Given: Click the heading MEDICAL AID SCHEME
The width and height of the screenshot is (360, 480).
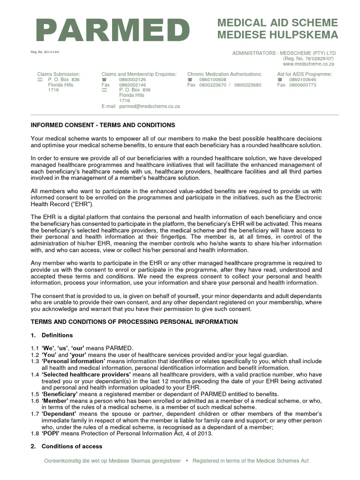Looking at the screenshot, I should click(277, 23).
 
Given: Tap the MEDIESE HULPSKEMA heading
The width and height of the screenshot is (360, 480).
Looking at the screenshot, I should click(277, 35).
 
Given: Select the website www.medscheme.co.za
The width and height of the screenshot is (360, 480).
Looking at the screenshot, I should click(309, 64).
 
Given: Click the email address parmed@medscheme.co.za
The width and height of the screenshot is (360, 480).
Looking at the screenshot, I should click(149, 106).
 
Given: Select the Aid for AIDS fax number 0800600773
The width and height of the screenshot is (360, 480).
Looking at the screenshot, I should click(303, 85).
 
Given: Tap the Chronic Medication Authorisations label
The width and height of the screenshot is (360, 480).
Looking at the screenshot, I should click(225, 74).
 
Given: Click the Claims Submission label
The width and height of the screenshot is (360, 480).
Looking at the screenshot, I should click(59, 74).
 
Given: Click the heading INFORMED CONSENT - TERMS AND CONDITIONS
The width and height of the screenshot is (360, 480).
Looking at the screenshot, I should click(103, 125).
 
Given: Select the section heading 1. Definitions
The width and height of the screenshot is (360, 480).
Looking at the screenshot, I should click(52, 335).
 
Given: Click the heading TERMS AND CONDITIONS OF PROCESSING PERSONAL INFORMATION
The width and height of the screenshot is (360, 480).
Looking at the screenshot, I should click(134, 322).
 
